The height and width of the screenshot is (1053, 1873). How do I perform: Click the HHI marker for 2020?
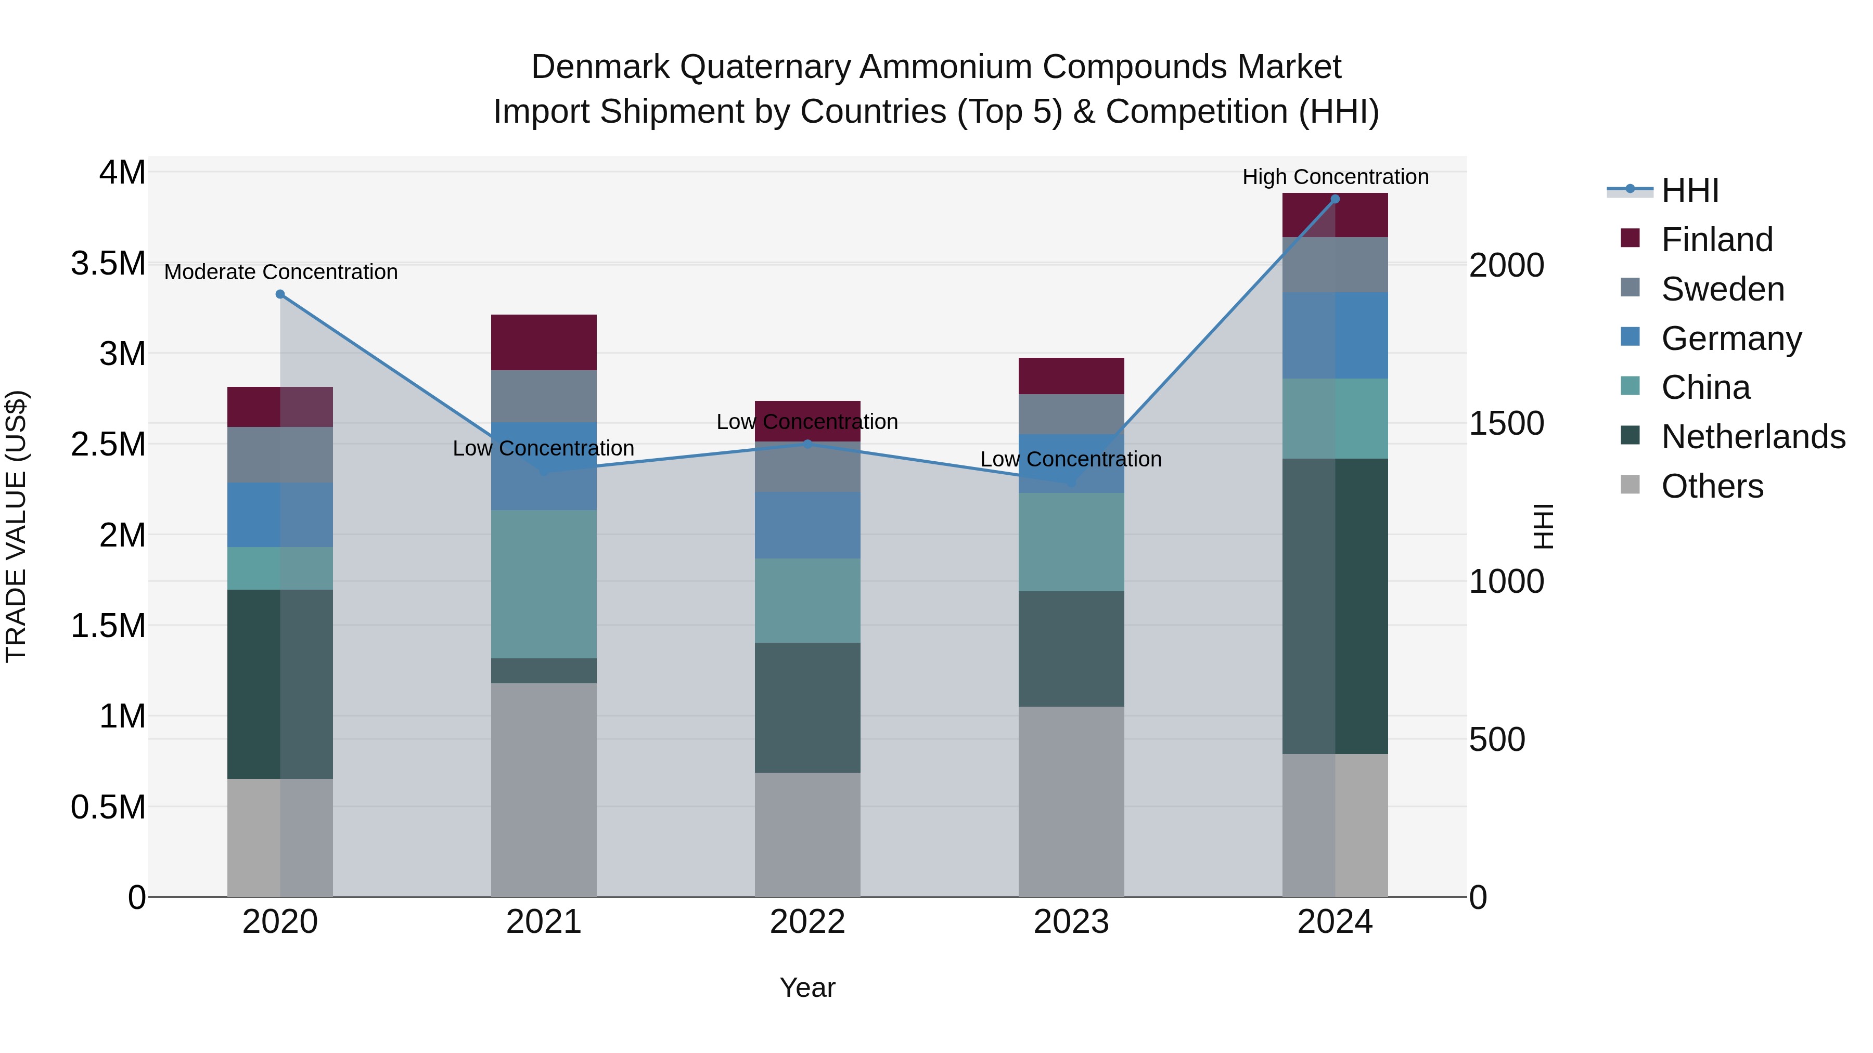pos(280,294)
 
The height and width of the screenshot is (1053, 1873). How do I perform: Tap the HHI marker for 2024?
pos(1335,199)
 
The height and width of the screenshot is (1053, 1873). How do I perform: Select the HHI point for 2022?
pos(807,444)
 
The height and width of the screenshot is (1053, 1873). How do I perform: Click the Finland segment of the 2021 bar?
pos(544,342)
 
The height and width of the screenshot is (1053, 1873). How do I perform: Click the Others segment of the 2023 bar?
pos(1071,801)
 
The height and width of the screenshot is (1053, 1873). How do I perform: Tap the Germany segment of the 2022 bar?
pos(807,525)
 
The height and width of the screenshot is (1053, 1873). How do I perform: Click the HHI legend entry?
pos(1689,190)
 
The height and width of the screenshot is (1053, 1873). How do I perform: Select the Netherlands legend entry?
pos(1752,437)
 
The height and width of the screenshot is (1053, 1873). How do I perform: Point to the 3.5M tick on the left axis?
pos(108,263)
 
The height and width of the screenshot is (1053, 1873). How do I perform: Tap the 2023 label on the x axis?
pos(1071,922)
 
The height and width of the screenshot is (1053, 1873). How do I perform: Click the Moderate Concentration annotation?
pos(280,272)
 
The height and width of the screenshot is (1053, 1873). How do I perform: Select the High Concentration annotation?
pos(1335,177)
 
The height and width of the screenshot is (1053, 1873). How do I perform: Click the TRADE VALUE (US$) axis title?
pos(16,526)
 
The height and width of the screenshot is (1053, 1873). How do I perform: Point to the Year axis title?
pos(807,987)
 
